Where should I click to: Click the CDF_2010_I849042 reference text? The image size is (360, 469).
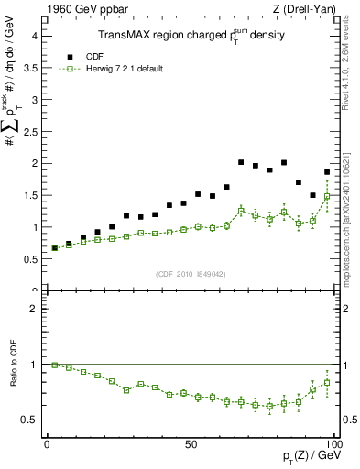pyautogui.click(x=190, y=273)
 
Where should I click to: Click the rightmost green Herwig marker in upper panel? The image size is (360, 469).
pyautogui.click(x=327, y=196)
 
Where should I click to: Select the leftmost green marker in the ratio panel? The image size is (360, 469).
pyautogui.click(x=54, y=365)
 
